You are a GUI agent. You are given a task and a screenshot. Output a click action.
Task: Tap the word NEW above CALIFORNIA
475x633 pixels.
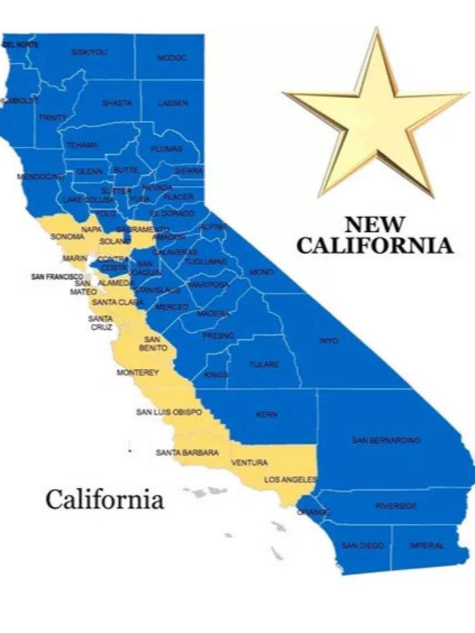[374, 225]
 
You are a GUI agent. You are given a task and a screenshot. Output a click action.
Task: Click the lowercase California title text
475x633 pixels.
[104, 499]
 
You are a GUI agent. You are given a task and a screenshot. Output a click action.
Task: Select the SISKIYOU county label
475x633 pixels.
[89, 52]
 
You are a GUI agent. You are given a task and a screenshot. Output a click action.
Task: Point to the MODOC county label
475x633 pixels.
[172, 57]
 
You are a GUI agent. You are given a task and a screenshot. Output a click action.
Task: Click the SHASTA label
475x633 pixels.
[117, 103]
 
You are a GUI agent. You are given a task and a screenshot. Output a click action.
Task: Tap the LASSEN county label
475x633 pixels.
[172, 103]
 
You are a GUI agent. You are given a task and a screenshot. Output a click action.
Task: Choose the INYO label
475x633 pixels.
[329, 340]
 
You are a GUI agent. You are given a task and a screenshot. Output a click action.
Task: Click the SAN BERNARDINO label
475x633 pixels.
[386, 440]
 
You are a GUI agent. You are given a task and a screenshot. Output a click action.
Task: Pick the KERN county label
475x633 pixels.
[267, 414]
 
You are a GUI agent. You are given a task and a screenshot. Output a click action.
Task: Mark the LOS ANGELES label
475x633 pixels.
[291, 479]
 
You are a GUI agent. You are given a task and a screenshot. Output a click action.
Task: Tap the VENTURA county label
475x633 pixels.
[249, 463]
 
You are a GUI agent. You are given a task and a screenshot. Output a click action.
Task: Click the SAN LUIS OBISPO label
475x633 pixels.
[169, 412]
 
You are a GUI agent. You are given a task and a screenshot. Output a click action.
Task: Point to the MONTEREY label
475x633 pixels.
[138, 373]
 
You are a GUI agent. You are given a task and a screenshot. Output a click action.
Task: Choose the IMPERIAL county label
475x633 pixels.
[427, 546]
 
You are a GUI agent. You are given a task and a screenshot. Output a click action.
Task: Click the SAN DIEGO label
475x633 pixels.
[363, 546]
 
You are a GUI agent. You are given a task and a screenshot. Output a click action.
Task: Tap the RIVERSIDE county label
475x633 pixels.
[396, 506]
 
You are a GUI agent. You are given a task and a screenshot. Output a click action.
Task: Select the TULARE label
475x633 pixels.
[264, 364]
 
